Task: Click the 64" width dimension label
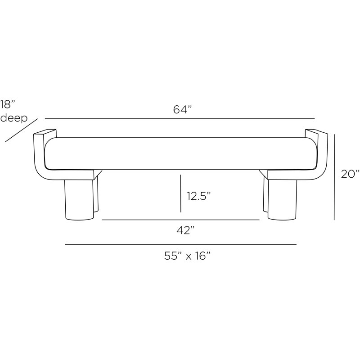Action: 183,110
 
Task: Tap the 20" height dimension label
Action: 350,174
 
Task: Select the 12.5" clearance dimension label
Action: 198,196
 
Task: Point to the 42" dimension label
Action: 185,230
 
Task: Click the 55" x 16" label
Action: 188,256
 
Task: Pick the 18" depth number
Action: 8,104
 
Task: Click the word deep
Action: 14,118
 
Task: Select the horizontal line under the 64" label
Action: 180,119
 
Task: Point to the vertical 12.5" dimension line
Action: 180,193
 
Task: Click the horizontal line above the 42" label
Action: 180,220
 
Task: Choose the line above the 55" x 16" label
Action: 180,244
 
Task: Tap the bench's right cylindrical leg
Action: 283,198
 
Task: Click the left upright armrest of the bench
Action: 40,153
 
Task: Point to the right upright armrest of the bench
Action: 323,153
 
